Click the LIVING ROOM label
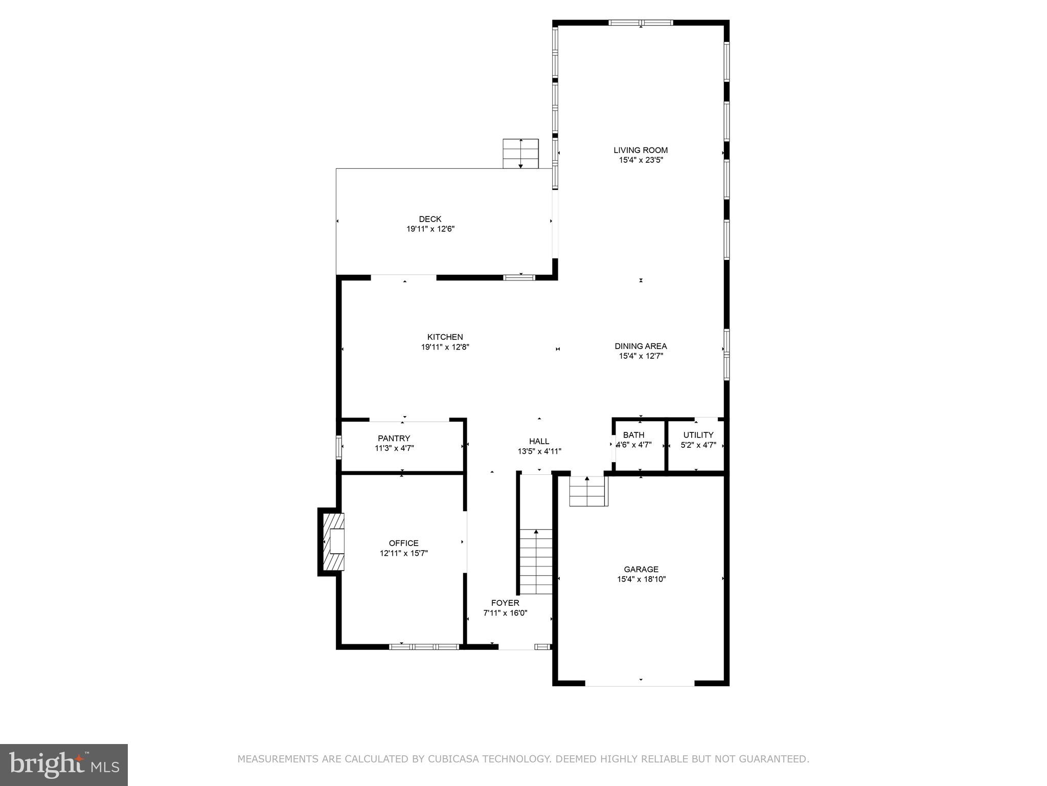coord(641,150)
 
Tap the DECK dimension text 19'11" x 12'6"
coord(430,229)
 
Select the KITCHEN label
coord(445,337)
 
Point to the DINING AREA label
coord(641,346)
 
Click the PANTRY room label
coord(394,438)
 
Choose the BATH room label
coord(633,435)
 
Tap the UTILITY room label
coord(698,435)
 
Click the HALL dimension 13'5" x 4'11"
coord(539,451)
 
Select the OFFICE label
coord(403,543)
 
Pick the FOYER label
coord(505,603)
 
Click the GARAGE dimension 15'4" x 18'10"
coord(641,579)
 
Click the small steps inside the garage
coord(588,491)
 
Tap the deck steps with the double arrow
coord(520,153)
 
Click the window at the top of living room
coord(641,23)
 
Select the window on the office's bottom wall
coord(424,646)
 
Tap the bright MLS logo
coord(63,765)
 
